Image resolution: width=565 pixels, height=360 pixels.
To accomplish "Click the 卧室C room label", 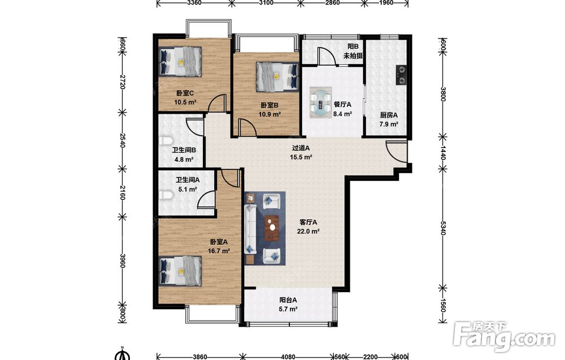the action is point(185,93).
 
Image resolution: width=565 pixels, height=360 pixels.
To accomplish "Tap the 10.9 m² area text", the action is point(270,115).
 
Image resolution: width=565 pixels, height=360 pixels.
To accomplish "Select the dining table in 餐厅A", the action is point(320,102).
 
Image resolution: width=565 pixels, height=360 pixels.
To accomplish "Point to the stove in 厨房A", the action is point(401,75).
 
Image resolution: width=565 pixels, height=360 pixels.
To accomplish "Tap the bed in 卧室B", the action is point(277,77).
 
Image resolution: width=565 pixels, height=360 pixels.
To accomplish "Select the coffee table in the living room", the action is point(272,227).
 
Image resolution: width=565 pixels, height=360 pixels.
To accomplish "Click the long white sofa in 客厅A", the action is point(250,229).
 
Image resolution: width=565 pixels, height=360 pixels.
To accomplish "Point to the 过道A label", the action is point(301,148).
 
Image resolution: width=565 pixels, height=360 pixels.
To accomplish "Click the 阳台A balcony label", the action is point(288,300).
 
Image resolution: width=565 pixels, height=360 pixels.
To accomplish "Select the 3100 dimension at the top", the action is point(266,3).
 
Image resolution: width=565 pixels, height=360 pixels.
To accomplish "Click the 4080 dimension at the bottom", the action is point(288,357).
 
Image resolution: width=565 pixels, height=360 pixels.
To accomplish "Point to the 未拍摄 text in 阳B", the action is point(353,56).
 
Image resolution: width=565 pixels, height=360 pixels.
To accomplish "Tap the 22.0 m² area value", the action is point(308,231).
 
